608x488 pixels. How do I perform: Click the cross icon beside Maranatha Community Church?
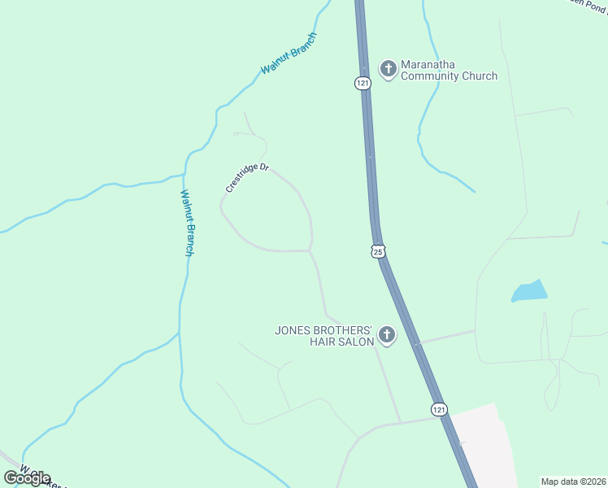point(389,68)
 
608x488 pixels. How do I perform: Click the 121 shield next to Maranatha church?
point(363,82)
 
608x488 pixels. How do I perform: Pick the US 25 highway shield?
point(378,251)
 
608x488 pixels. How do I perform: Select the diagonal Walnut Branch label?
point(289,54)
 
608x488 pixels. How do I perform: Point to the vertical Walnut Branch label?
point(187,223)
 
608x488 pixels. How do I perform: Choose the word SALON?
point(355,342)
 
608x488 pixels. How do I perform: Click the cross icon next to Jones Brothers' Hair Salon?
point(387,335)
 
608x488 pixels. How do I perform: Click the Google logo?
point(27,478)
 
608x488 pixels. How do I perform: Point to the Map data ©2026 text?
point(573,481)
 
